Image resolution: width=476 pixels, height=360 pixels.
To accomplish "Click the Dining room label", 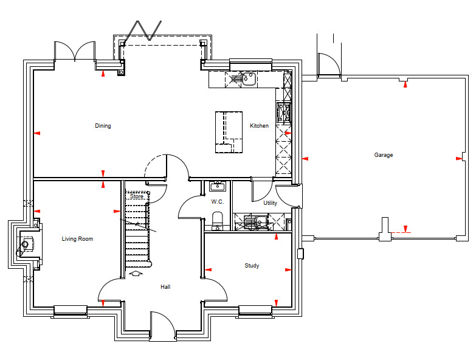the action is pos(103,126).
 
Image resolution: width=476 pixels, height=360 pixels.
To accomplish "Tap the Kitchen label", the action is pos(259,126).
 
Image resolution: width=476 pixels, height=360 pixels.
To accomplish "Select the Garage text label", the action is pos(384,155).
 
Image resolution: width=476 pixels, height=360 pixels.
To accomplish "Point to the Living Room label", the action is pos(77,239).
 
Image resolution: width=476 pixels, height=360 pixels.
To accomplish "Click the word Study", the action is pos(252,266).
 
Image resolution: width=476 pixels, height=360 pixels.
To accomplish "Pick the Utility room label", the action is pos(270,202).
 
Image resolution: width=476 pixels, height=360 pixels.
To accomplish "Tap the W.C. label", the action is pos(218,201).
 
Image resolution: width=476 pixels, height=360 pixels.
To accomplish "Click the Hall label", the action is pos(165,287).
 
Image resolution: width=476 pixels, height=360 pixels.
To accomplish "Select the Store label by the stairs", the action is pos(137,196).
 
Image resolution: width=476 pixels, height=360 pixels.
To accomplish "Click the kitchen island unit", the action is pos(229,132).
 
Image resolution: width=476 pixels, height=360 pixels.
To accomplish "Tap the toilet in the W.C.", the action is pos(218,219).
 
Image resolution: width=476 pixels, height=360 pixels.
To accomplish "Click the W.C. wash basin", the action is pos(218,186).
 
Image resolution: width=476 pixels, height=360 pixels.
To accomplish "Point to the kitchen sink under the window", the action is pos(249,79).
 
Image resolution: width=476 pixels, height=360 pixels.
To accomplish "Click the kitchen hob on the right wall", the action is pos(284,113).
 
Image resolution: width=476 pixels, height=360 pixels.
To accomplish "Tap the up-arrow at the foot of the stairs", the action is pos(136,274).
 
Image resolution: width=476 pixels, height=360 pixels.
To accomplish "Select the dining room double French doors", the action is pos(75,50).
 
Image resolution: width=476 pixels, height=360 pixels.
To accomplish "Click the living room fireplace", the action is pos(29,244).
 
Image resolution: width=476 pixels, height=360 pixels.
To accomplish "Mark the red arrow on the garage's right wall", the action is pos(459,159).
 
